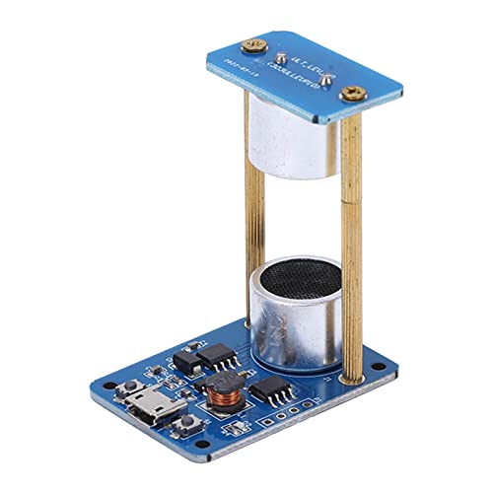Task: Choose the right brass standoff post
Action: pos(356,246)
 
